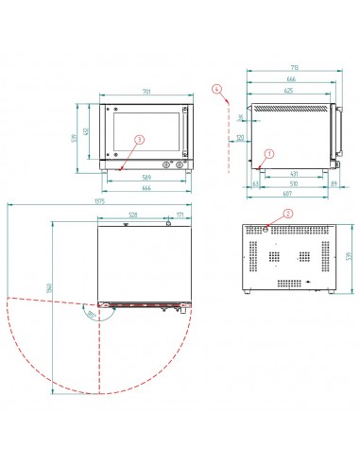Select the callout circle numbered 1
point(269,152)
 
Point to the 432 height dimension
point(88,131)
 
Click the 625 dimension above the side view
point(292,91)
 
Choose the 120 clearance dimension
point(240,137)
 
